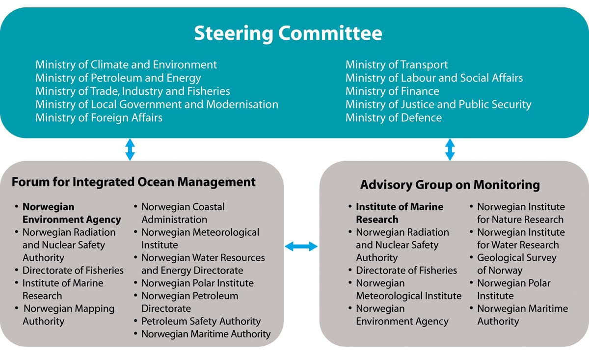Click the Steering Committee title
click(288, 33)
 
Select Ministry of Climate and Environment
click(126, 65)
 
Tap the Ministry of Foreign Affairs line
click(99, 118)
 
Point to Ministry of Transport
click(397, 65)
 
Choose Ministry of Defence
click(394, 118)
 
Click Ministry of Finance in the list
click(392, 91)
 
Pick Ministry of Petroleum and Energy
click(118, 78)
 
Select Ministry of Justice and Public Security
click(438, 105)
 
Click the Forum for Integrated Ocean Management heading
click(134, 182)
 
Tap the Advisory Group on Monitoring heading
click(450, 185)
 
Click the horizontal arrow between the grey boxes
click(301, 247)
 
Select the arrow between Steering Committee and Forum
click(130, 149)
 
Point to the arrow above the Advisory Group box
click(450, 149)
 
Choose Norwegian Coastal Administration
click(183, 213)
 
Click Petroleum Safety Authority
click(201, 321)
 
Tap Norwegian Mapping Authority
click(69, 315)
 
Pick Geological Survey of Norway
click(517, 264)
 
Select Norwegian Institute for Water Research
click(521, 239)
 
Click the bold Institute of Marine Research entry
click(400, 213)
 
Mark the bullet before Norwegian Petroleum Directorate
click(135, 296)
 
